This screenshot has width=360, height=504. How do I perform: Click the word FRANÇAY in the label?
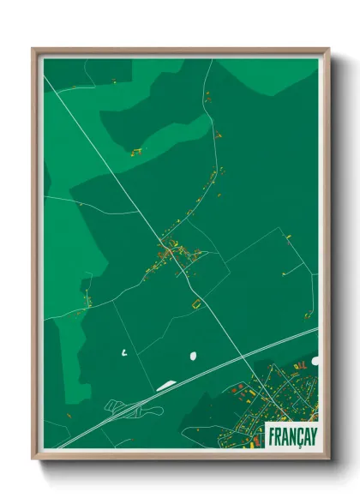[x=291, y=435]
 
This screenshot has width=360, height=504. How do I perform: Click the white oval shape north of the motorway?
[x=192, y=354]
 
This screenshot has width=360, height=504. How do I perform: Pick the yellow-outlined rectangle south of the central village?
[x=195, y=302]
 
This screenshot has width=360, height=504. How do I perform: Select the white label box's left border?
[x=267, y=435]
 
